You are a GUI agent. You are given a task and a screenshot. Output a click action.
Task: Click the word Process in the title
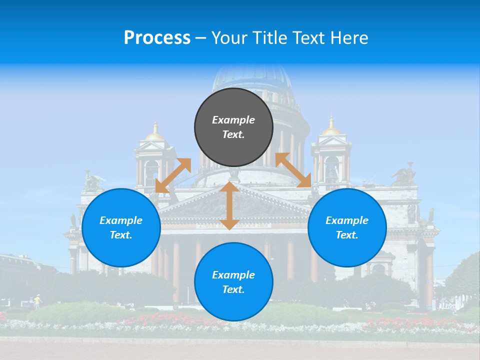(157, 38)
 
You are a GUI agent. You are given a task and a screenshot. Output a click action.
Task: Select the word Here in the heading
(348, 38)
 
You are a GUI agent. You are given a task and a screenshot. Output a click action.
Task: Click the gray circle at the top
(233, 127)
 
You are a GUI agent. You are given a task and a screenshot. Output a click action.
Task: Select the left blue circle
(121, 227)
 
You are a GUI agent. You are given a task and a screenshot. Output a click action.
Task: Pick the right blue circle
(347, 227)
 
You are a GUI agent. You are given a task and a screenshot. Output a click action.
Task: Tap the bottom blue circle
(233, 281)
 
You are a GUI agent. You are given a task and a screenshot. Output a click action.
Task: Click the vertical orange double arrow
(229, 206)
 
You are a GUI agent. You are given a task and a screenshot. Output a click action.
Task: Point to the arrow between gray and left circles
(173, 175)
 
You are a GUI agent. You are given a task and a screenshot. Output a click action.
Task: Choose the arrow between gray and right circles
(293, 170)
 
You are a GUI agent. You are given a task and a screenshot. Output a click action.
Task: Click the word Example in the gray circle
(233, 120)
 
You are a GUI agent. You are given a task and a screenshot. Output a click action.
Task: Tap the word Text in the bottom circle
(233, 289)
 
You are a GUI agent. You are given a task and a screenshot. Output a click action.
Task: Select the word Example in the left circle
(121, 220)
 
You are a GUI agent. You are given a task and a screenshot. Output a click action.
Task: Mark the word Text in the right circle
(346, 235)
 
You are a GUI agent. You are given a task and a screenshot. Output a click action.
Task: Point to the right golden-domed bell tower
(331, 150)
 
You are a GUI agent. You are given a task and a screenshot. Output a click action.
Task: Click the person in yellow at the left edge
(36, 300)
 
